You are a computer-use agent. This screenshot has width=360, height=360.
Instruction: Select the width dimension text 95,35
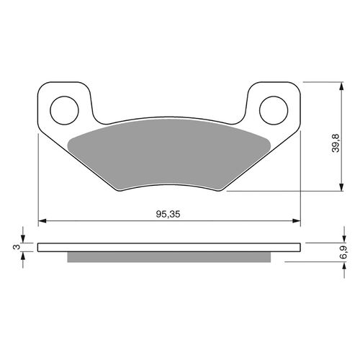[169, 214]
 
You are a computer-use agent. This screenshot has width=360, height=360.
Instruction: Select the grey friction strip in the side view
[169, 257]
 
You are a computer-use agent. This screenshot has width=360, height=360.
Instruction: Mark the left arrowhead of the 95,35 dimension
[41, 220]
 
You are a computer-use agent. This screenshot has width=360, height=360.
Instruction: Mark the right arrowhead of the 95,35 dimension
[297, 220]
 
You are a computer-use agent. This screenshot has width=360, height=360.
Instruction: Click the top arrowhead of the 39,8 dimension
[338, 85]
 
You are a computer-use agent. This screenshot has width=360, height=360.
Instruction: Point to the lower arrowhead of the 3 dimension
[24, 256]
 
